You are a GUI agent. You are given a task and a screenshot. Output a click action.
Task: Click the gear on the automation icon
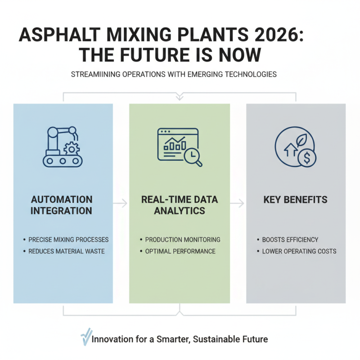coord(70,148)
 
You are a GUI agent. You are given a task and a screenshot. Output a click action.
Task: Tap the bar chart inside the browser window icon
coord(175,144)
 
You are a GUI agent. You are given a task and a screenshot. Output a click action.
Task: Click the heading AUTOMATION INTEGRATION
coord(62,205)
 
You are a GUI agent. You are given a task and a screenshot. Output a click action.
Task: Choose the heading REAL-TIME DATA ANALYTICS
coord(179,205)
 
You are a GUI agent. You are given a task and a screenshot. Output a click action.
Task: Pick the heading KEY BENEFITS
coord(296,199)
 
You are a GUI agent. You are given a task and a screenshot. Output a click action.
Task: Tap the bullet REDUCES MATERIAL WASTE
coord(66,251)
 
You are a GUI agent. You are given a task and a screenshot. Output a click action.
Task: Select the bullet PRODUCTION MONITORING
coord(183,239)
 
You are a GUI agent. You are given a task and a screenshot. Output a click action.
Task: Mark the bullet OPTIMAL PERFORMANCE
coord(180,251)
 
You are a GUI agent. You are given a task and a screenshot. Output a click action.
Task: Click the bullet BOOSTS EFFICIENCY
coord(290,239)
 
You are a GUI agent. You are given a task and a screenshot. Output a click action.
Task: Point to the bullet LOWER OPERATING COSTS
coord(299,251)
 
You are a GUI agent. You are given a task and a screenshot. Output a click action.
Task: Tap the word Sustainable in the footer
coord(216,339)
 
